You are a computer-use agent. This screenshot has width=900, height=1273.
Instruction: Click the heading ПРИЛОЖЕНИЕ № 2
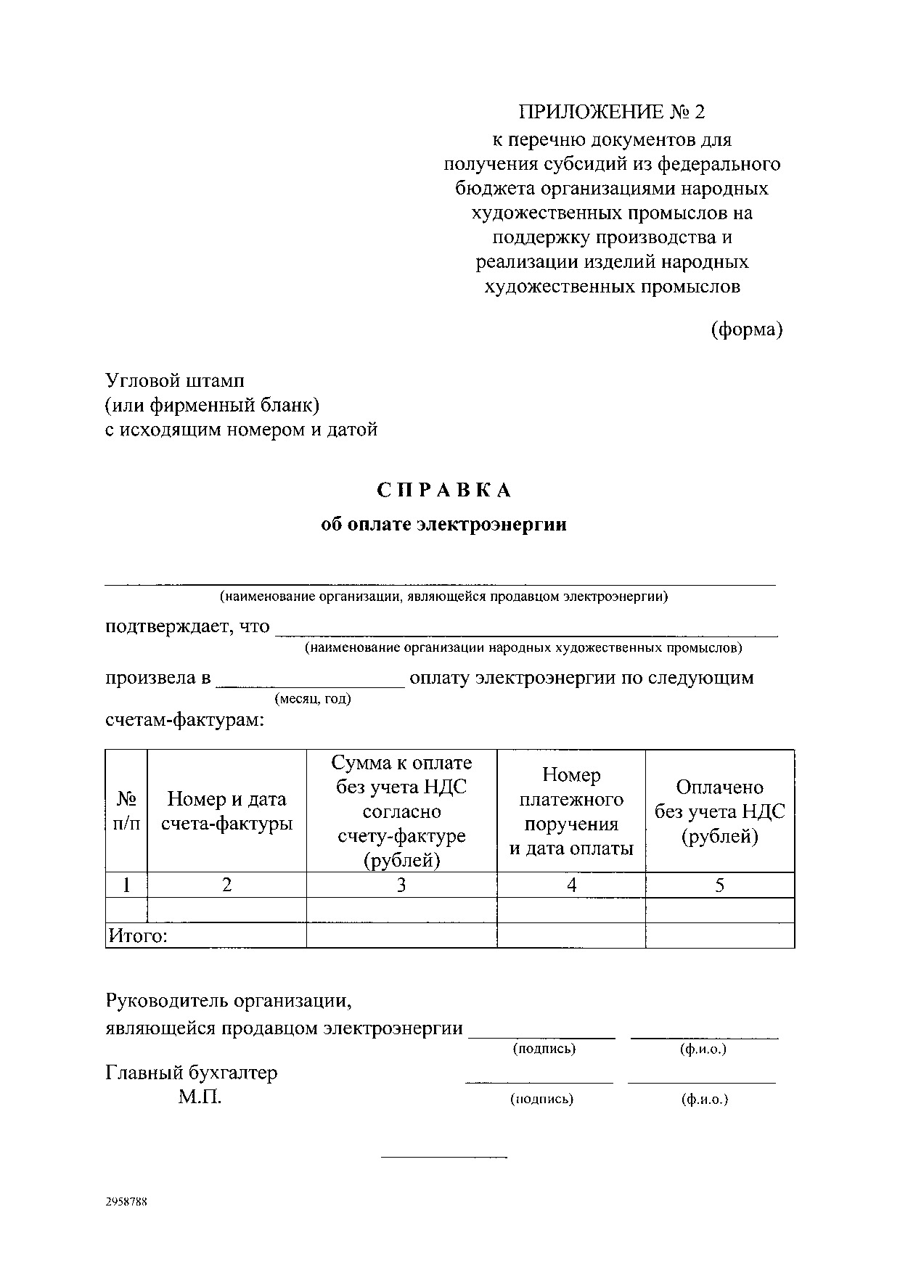611,112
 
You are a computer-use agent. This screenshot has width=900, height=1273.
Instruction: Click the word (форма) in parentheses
746,330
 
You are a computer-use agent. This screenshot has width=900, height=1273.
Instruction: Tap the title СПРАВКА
444,491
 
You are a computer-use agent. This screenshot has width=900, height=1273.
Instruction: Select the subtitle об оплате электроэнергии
443,525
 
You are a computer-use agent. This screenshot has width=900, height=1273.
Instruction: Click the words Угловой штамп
175,380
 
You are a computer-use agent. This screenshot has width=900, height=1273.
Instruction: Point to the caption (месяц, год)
312,699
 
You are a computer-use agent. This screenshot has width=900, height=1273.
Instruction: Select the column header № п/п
126,811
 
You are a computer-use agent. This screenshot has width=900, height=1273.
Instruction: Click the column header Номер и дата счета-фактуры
226,811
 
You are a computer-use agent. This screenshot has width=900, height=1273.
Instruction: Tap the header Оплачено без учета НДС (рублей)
719,811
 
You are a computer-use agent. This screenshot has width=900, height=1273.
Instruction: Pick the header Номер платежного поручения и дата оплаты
571,811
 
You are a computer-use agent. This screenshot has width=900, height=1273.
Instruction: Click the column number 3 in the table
401,885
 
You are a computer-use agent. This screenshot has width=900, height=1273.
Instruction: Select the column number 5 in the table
719,885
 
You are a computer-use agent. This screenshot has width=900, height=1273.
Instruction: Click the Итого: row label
138,936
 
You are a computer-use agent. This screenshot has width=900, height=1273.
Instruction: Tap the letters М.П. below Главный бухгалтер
200,1097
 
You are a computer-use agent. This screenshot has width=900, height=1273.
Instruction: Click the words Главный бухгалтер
192,1073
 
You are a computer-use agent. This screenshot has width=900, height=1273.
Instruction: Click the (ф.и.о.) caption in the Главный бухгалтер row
704,1099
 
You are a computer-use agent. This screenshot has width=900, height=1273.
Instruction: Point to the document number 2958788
127,1201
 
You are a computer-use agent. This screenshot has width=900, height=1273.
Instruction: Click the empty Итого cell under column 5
719,936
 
